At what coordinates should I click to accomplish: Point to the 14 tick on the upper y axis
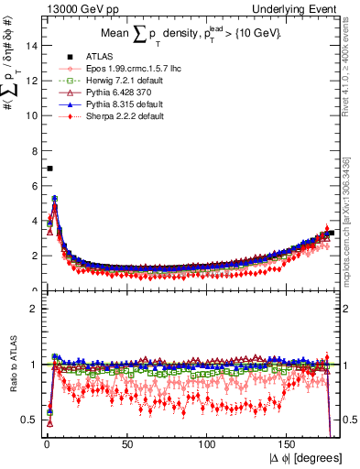click(x=31, y=46)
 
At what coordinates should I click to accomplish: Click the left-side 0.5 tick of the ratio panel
click(x=28, y=420)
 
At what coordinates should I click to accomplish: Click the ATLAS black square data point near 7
click(x=49, y=169)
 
